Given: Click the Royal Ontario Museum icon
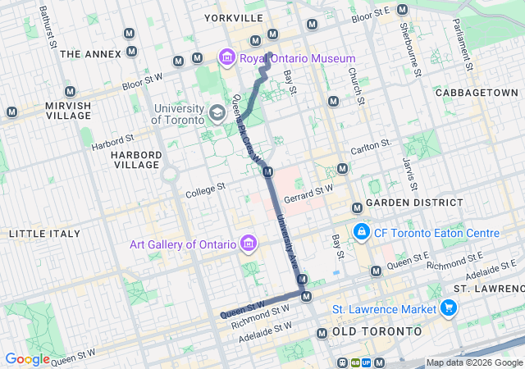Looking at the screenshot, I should tap(226, 58).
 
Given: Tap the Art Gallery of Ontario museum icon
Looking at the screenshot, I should tap(250, 244).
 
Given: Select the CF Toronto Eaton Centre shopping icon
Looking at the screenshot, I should tap(360, 234).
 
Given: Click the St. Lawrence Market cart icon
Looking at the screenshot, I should tap(448, 308).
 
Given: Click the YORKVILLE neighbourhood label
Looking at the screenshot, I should tap(234, 17).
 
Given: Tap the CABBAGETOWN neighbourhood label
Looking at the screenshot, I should tap(477, 93).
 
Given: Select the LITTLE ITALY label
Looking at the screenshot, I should tap(44, 234).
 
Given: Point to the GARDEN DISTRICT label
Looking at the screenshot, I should tap(413, 203).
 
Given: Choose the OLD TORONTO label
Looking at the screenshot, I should tap(369, 332).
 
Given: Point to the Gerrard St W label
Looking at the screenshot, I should tap(308, 194).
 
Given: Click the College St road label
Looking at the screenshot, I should tap(205, 189).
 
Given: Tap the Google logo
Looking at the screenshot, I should tap(27, 358).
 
